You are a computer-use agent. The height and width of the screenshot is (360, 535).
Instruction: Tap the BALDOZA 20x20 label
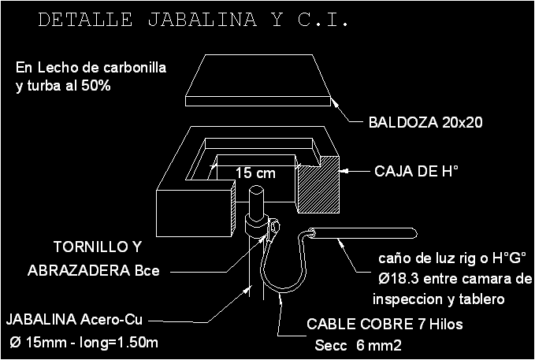[x=425, y=123]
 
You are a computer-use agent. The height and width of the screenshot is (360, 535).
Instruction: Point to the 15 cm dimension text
[x=255, y=173]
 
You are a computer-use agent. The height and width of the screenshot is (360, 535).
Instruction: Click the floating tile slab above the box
[x=259, y=79]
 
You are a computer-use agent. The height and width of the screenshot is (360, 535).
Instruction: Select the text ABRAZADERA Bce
[x=94, y=270]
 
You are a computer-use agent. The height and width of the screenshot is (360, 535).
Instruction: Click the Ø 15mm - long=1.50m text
[x=84, y=343]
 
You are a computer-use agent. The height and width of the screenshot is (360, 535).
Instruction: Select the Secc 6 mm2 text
[x=358, y=345]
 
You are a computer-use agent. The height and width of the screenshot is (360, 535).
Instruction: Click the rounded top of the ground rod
[x=257, y=191]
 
